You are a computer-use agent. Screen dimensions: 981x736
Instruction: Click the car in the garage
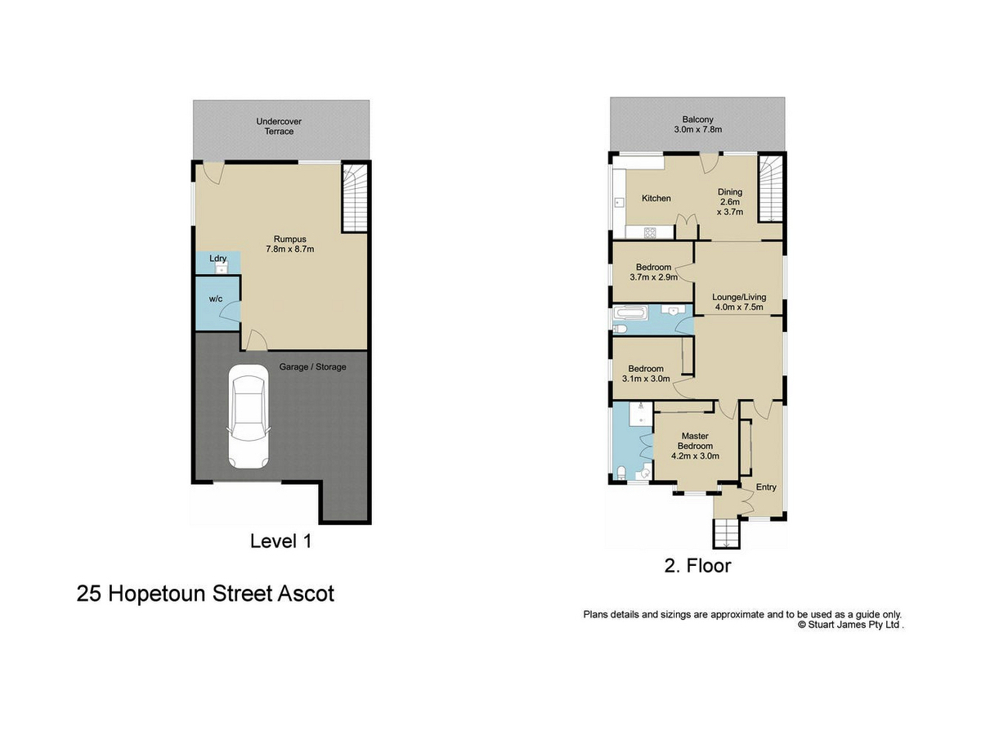tap(249, 416)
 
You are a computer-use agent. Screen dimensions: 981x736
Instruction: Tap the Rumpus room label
tap(289, 244)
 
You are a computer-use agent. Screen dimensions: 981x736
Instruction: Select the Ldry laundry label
tap(217, 258)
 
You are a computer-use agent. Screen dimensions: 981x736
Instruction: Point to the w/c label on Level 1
tap(216, 298)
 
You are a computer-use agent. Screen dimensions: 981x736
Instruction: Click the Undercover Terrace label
tap(279, 126)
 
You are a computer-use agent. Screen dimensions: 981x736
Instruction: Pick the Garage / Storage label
tap(312, 367)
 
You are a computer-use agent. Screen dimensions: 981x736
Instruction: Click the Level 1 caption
tap(280, 541)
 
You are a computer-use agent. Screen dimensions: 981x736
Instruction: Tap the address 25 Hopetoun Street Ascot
tap(205, 594)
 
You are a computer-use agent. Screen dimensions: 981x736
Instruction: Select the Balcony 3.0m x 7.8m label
tap(697, 124)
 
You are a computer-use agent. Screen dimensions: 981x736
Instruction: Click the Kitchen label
tap(656, 198)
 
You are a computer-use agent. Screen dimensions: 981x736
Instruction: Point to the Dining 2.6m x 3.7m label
tap(730, 201)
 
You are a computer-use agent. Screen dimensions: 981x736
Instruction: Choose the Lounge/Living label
tap(739, 302)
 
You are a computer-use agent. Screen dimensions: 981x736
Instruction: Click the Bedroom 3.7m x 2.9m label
tap(653, 272)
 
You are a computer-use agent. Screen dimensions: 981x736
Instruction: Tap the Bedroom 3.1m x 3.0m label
tap(646, 374)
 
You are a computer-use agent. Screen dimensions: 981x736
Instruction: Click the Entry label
tap(765, 487)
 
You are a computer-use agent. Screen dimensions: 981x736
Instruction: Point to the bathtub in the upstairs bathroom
tap(630, 312)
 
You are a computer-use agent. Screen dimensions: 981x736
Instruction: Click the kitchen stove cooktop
tap(650, 232)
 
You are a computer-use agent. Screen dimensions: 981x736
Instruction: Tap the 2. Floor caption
tap(697, 566)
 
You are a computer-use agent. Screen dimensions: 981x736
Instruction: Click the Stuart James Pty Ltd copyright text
tap(851, 624)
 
